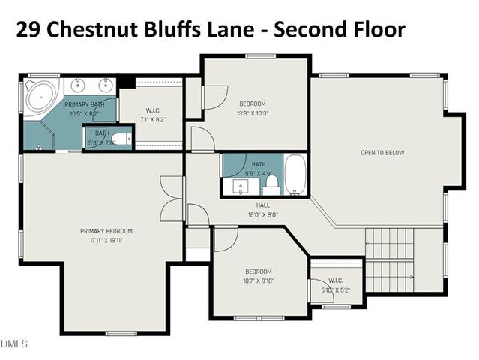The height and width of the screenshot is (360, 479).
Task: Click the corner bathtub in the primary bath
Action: click(x=40, y=96)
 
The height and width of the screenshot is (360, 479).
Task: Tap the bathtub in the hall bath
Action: click(x=295, y=175)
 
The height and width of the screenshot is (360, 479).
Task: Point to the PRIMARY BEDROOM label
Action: click(x=106, y=231)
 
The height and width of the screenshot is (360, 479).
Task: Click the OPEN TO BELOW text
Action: click(x=382, y=153)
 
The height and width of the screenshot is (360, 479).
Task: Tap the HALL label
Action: click(x=262, y=205)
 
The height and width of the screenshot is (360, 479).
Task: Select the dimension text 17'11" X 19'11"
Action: click(x=106, y=240)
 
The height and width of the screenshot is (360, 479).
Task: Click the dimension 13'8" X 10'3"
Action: click(x=253, y=113)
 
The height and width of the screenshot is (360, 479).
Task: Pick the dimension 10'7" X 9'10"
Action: click(x=259, y=280)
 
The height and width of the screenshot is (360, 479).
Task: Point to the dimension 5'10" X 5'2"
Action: click(x=335, y=290)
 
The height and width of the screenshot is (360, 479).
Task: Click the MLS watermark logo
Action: click(x=13, y=343)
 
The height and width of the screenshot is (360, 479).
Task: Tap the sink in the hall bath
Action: click(x=241, y=184)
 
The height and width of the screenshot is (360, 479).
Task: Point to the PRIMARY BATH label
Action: click(x=84, y=104)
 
